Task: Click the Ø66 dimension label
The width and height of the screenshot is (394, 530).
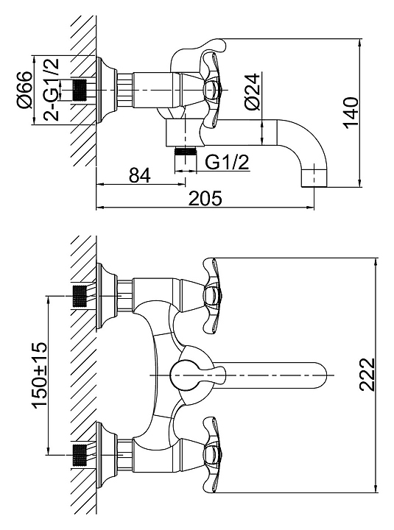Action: (x=26, y=91)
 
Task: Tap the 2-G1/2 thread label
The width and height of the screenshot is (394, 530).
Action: (x=51, y=90)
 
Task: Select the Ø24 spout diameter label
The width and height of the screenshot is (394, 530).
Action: (x=253, y=91)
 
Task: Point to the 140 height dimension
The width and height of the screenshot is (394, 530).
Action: (x=351, y=113)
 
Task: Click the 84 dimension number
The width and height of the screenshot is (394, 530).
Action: (x=140, y=175)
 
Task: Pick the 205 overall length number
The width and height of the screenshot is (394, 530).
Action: (x=205, y=198)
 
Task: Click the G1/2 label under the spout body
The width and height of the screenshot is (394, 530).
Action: (x=227, y=162)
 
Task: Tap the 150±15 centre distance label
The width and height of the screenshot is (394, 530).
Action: (x=39, y=375)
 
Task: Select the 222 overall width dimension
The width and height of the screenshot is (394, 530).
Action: (x=367, y=375)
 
